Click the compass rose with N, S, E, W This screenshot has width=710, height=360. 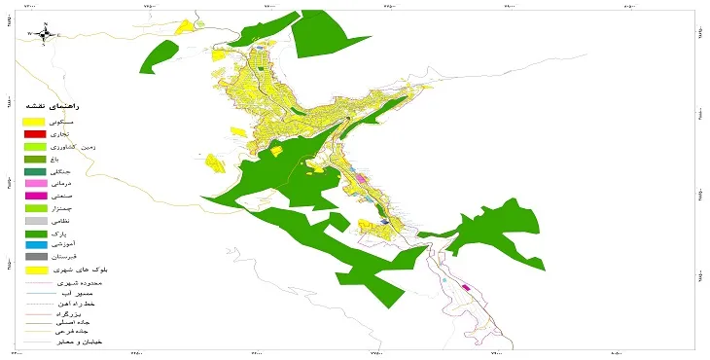click(46, 34)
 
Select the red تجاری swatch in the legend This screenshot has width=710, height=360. click(35, 133)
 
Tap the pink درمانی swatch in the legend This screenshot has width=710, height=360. click(35, 183)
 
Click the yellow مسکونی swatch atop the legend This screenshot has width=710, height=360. click(35, 120)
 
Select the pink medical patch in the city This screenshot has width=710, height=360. click(362, 179)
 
